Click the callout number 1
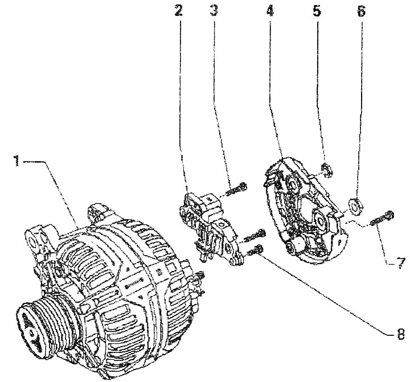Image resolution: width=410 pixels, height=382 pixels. [x=17, y=161]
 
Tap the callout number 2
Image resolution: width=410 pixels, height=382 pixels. [x=179, y=11]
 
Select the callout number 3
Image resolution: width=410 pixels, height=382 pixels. [x=214, y=11]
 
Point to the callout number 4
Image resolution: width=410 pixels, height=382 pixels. [x=270, y=11]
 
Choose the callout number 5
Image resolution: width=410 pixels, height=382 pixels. [x=317, y=11]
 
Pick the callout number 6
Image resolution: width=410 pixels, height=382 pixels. [x=361, y=11]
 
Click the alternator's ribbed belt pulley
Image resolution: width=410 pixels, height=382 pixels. [x=46, y=327]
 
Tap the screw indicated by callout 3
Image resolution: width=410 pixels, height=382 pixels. [x=236, y=190]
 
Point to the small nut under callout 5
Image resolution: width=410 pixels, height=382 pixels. [x=326, y=170]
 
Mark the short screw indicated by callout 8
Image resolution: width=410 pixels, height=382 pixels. [x=255, y=250]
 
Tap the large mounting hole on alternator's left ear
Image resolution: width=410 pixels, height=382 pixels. [x=33, y=241]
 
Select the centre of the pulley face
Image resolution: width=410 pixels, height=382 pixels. [x=31, y=332]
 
